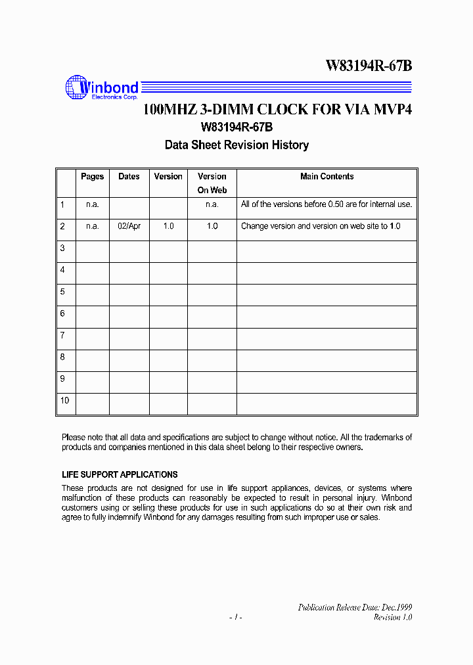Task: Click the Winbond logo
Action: tap(102, 89)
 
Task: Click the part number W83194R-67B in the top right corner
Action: tap(369, 66)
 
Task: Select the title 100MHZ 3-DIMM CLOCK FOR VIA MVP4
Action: tap(277, 110)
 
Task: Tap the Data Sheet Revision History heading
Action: tap(236, 145)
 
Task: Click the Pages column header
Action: tap(93, 177)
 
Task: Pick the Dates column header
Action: tap(129, 177)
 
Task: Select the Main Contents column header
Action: tap(327, 177)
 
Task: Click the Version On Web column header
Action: tap(212, 183)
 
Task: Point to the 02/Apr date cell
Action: tap(129, 226)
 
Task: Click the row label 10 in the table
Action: tap(64, 400)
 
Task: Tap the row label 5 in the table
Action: tap(62, 291)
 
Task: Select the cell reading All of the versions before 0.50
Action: tap(327, 204)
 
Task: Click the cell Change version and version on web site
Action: tap(321, 226)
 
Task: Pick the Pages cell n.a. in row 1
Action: tap(93, 204)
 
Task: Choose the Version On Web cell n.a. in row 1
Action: tap(212, 204)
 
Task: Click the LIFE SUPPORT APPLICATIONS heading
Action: tap(120, 474)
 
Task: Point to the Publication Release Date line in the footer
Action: tap(355, 608)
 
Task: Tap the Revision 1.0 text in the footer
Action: tap(393, 618)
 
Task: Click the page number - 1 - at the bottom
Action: tap(236, 618)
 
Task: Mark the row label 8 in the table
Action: tap(62, 357)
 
